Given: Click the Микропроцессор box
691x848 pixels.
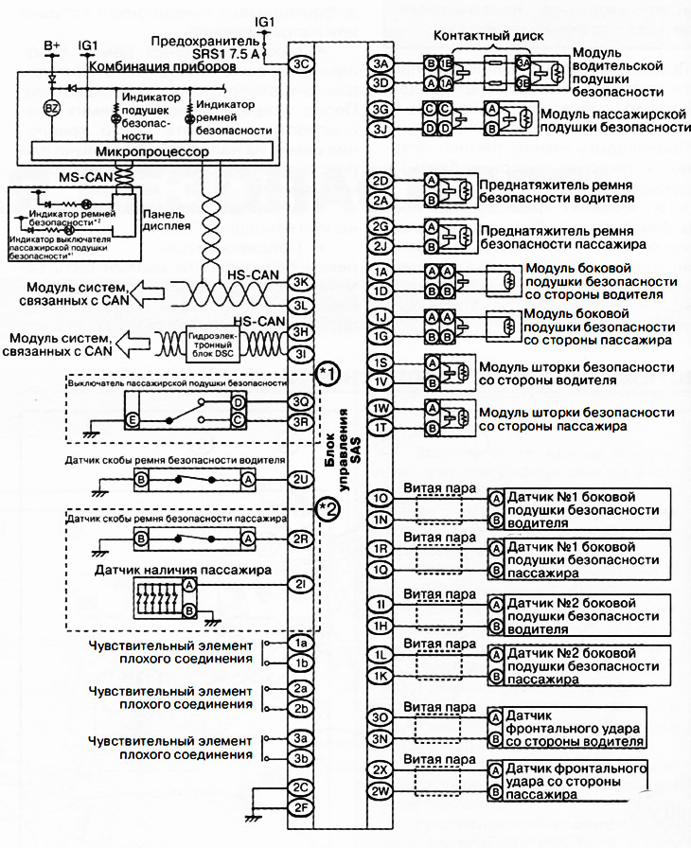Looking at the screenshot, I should click(x=153, y=151).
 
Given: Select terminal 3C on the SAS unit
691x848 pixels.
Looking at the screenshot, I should click(x=301, y=64).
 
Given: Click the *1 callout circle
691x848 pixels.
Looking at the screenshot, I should click(x=328, y=372).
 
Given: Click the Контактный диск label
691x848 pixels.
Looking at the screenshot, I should click(x=487, y=35).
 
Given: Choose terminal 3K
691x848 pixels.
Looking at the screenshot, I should click(x=301, y=282).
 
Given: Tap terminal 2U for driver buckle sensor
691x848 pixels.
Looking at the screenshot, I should click(x=301, y=480).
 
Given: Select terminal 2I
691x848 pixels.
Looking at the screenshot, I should click(x=301, y=584).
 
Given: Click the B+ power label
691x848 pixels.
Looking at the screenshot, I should click(x=53, y=45).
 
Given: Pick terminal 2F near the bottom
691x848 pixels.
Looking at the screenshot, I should click(x=301, y=806).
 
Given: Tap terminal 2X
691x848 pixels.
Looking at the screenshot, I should click(x=381, y=769).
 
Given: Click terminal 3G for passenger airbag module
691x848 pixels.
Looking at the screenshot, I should click(x=381, y=110).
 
